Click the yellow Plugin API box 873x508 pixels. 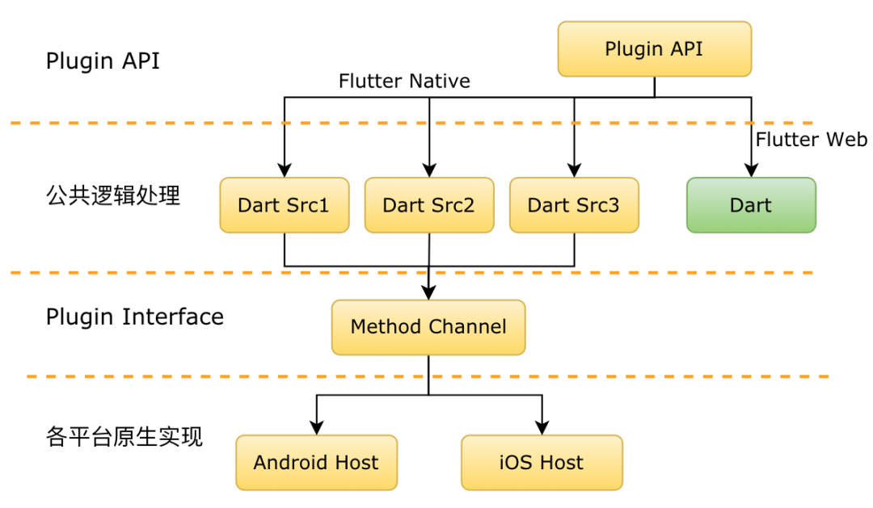click(654, 49)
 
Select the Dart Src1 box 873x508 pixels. click(285, 205)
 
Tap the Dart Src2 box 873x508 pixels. click(429, 205)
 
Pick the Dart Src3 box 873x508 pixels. click(574, 205)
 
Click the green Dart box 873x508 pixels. click(751, 205)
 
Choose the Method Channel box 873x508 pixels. click(428, 327)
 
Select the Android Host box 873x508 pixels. click(316, 463)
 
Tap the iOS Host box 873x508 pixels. click(542, 463)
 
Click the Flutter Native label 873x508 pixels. click(404, 82)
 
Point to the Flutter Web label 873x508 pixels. click(812, 139)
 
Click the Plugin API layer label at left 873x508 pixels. click(103, 61)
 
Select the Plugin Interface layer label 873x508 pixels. click(135, 317)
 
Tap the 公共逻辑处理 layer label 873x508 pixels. click(113, 195)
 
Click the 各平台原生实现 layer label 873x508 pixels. click(124, 436)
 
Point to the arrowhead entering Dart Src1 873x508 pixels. click(285, 170)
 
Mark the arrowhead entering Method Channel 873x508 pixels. click(428, 292)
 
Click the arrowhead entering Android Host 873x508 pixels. click(317, 428)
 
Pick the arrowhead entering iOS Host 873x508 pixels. click(542, 428)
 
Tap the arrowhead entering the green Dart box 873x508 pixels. click(751, 170)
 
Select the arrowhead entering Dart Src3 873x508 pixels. click(574, 170)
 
